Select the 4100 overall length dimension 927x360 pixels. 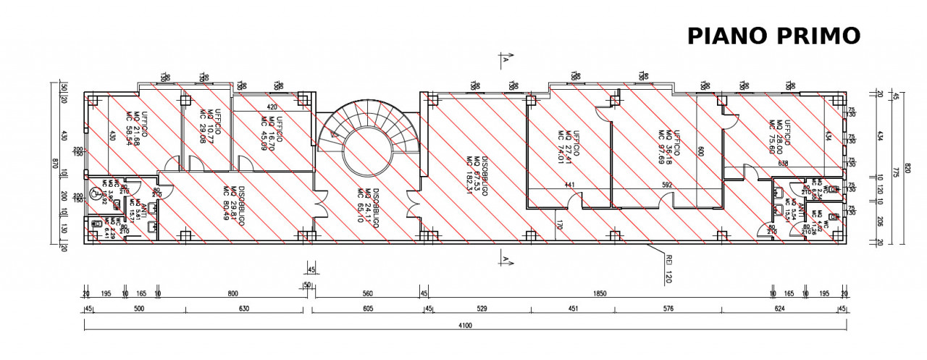click(x=464, y=326)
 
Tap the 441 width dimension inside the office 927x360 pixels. click(x=569, y=185)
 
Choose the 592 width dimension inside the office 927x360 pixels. click(x=667, y=185)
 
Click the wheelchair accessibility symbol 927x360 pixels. click(x=96, y=194)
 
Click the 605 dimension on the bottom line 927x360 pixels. click(x=368, y=309)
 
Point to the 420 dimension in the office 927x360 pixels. click(x=272, y=106)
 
